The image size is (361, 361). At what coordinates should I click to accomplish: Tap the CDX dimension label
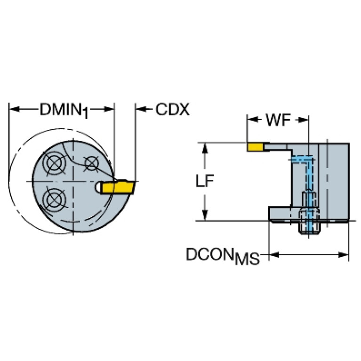tap(172, 110)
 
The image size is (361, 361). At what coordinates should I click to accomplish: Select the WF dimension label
tap(278, 120)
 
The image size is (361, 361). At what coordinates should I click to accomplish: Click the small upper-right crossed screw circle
tap(91, 163)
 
